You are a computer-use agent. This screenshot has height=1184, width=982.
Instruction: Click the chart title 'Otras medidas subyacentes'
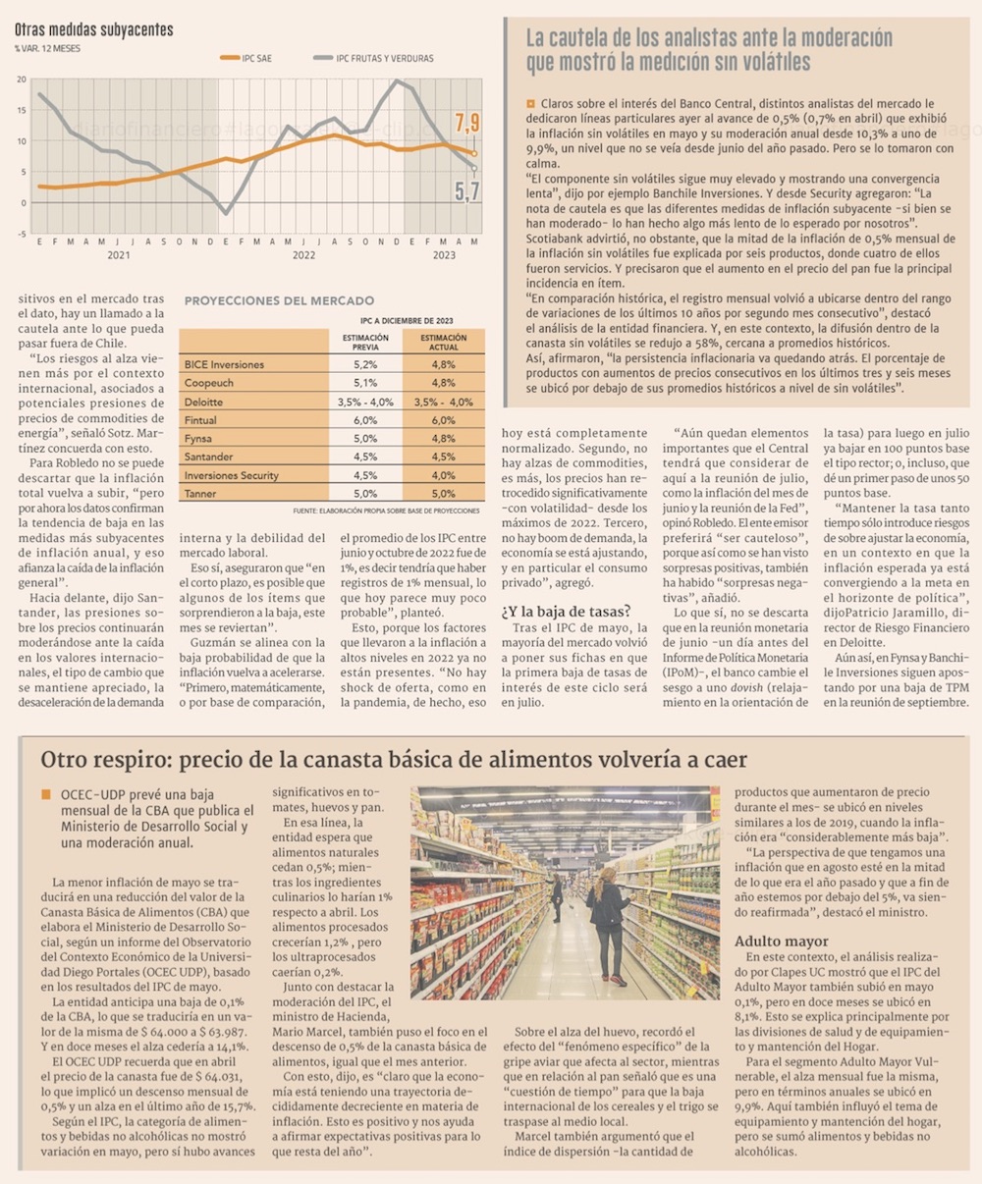93,29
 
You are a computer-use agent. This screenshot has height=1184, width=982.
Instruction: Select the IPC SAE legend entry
246,58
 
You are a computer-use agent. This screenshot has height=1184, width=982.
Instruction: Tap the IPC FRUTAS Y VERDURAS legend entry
372,58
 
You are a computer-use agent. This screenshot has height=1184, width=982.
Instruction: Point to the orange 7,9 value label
466,124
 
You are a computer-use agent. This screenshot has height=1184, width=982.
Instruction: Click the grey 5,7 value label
466,192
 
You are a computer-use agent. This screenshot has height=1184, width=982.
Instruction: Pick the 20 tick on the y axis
22,80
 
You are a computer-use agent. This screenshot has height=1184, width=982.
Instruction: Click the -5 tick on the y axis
22,234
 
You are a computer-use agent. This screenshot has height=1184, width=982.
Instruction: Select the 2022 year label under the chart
303,255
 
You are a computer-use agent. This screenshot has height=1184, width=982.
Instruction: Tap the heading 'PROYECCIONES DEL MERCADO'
279,300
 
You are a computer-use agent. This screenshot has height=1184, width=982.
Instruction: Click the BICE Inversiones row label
224,364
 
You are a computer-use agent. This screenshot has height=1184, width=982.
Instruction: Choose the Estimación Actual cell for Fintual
443,420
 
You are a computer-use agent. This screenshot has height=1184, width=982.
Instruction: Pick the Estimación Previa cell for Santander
364,457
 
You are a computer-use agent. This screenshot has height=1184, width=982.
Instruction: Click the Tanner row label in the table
200,494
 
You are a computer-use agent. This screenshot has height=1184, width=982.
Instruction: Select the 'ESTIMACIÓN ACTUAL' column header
443,343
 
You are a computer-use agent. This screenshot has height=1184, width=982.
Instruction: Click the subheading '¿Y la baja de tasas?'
567,612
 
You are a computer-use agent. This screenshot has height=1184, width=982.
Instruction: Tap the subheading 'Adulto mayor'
777,942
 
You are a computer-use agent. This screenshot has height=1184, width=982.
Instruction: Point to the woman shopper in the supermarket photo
608,923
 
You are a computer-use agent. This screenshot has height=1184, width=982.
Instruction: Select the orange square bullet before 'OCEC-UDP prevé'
45,793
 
